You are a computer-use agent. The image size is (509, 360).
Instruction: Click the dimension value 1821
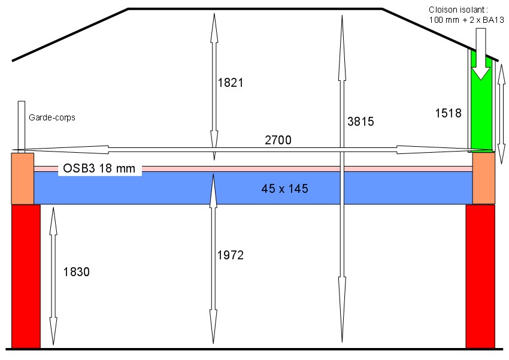pos(231,83)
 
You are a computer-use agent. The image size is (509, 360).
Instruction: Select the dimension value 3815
pos(360,122)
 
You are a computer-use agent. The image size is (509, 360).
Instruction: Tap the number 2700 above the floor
pos(278,140)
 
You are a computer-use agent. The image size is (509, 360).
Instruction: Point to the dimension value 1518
pos(449,113)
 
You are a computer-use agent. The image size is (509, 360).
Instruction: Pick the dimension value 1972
pos(231,255)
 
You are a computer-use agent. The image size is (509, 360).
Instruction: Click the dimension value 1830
pos(76,272)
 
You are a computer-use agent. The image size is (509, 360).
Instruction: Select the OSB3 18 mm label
pos(99,168)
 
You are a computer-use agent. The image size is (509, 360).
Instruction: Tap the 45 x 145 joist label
pos(284,189)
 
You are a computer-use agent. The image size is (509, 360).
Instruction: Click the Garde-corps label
pos(52,117)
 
